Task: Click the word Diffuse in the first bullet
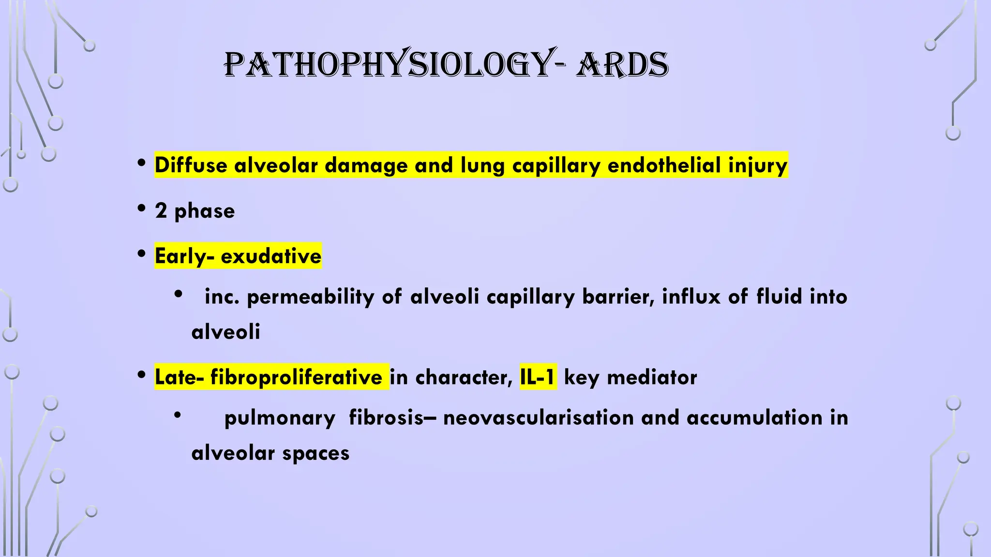tap(191, 165)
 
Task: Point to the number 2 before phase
tap(161, 211)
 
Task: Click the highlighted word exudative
tap(270, 256)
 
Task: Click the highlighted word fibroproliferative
tap(296, 377)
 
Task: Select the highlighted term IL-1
tap(538, 377)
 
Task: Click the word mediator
tap(652, 377)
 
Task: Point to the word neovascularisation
tap(538, 418)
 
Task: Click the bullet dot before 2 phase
tap(141, 209)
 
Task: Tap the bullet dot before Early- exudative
tap(141, 254)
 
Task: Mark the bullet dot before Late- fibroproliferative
tap(141, 375)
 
